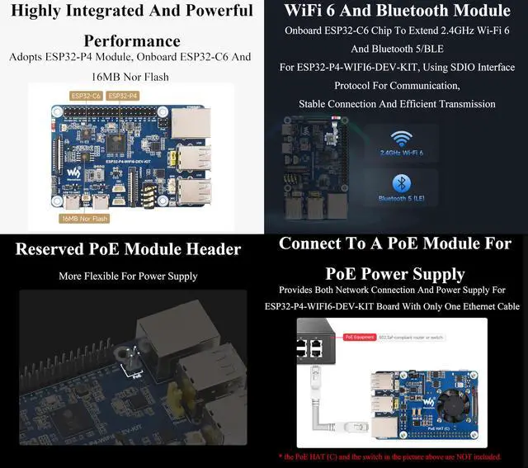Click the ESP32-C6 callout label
pyautogui.click(x=85, y=96)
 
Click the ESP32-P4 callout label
pyautogui.click(x=121, y=96)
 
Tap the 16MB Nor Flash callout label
pyautogui.click(x=84, y=219)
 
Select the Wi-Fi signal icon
pyautogui.click(x=402, y=139)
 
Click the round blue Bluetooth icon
pyautogui.click(x=402, y=183)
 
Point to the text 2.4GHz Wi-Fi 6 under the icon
pyautogui.click(x=402, y=154)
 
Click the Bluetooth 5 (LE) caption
pyautogui.click(x=402, y=198)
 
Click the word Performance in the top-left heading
pyautogui.click(x=132, y=40)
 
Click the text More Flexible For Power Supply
pyautogui.click(x=128, y=277)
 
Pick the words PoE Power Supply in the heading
pyautogui.click(x=395, y=273)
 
